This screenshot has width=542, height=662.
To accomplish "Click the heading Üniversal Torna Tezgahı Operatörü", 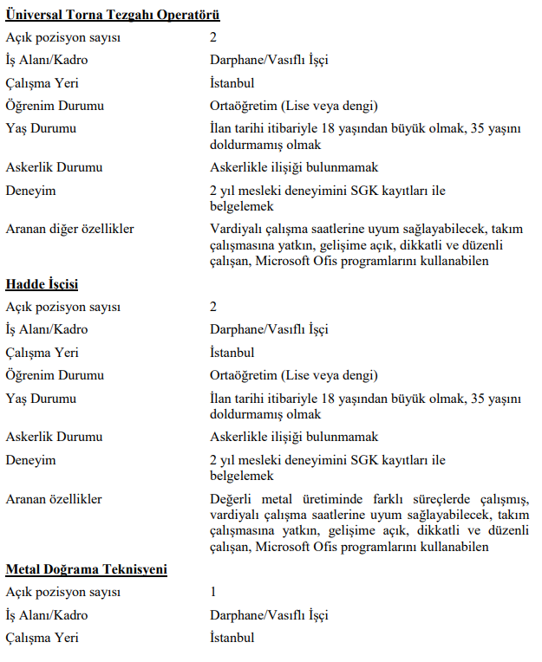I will click(113, 15).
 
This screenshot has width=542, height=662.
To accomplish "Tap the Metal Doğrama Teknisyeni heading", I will click(87, 569).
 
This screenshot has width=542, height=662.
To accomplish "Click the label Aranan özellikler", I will click(54, 499).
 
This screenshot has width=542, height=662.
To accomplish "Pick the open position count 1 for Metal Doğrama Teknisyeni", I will click(213, 593).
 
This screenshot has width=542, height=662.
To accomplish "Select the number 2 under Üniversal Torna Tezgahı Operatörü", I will click(213, 37).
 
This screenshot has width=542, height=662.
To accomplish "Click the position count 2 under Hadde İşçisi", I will click(213, 307).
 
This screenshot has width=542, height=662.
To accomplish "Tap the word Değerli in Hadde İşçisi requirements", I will click(232, 499).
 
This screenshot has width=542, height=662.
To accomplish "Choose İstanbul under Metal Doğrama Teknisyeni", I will click(232, 638).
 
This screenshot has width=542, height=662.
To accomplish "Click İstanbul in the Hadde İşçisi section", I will click(232, 353).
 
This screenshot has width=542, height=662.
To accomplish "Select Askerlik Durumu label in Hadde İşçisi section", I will click(54, 437).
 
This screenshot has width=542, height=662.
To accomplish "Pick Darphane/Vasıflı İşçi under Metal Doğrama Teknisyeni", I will click(269, 615).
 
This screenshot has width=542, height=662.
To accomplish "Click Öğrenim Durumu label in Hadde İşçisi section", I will click(55, 375).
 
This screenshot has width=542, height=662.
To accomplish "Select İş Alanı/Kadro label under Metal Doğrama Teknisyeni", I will click(47, 615).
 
